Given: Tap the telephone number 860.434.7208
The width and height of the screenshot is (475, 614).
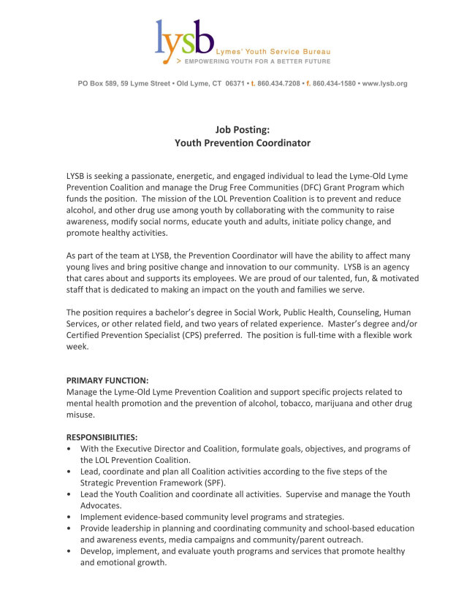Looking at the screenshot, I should [278, 83].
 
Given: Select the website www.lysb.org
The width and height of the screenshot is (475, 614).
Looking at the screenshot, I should [384, 83].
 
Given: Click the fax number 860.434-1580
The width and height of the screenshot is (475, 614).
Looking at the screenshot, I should [334, 83].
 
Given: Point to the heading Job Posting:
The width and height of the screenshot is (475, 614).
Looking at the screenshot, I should [243, 129].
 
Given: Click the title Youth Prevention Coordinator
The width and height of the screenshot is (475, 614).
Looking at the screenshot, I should [243, 143].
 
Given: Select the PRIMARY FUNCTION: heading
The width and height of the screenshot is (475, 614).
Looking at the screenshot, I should [107, 380].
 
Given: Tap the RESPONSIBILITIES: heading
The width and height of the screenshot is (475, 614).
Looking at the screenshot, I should [102, 437].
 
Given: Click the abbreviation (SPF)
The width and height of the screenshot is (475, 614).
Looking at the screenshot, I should [213, 483].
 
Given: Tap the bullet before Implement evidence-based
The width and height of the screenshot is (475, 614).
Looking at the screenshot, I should [69, 517].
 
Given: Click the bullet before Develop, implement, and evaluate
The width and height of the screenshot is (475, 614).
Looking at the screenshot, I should [69, 551].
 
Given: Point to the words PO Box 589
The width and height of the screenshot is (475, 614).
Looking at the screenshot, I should [97, 83].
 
